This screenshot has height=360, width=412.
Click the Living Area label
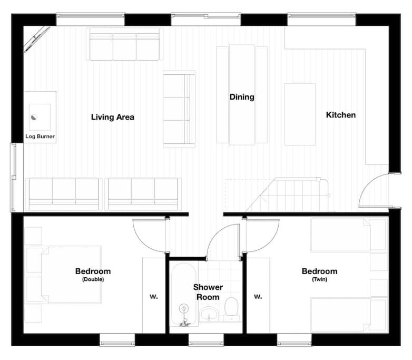click(x=112, y=117)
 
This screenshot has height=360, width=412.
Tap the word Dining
click(x=242, y=97)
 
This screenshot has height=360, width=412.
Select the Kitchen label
click(x=341, y=115)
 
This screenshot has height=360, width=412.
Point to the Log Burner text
click(x=40, y=136)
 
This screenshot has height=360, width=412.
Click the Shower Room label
click(x=208, y=292)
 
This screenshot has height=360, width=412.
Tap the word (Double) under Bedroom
click(x=93, y=279)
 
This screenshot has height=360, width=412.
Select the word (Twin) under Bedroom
click(x=319, y=279)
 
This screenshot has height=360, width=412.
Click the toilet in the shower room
click(x=231, y=309)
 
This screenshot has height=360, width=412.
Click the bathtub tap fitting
click(x=183, y=316)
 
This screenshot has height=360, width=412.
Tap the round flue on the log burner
click(x=34, y=117)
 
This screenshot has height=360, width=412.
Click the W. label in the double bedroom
click(x=154, y=296)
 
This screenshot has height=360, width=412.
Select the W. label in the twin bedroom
click(x=258, y=296)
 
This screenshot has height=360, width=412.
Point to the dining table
click(x=242, y=95)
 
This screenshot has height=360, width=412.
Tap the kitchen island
click(x=300, y=114)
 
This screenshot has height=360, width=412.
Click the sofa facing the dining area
click(x=179, y=109)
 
